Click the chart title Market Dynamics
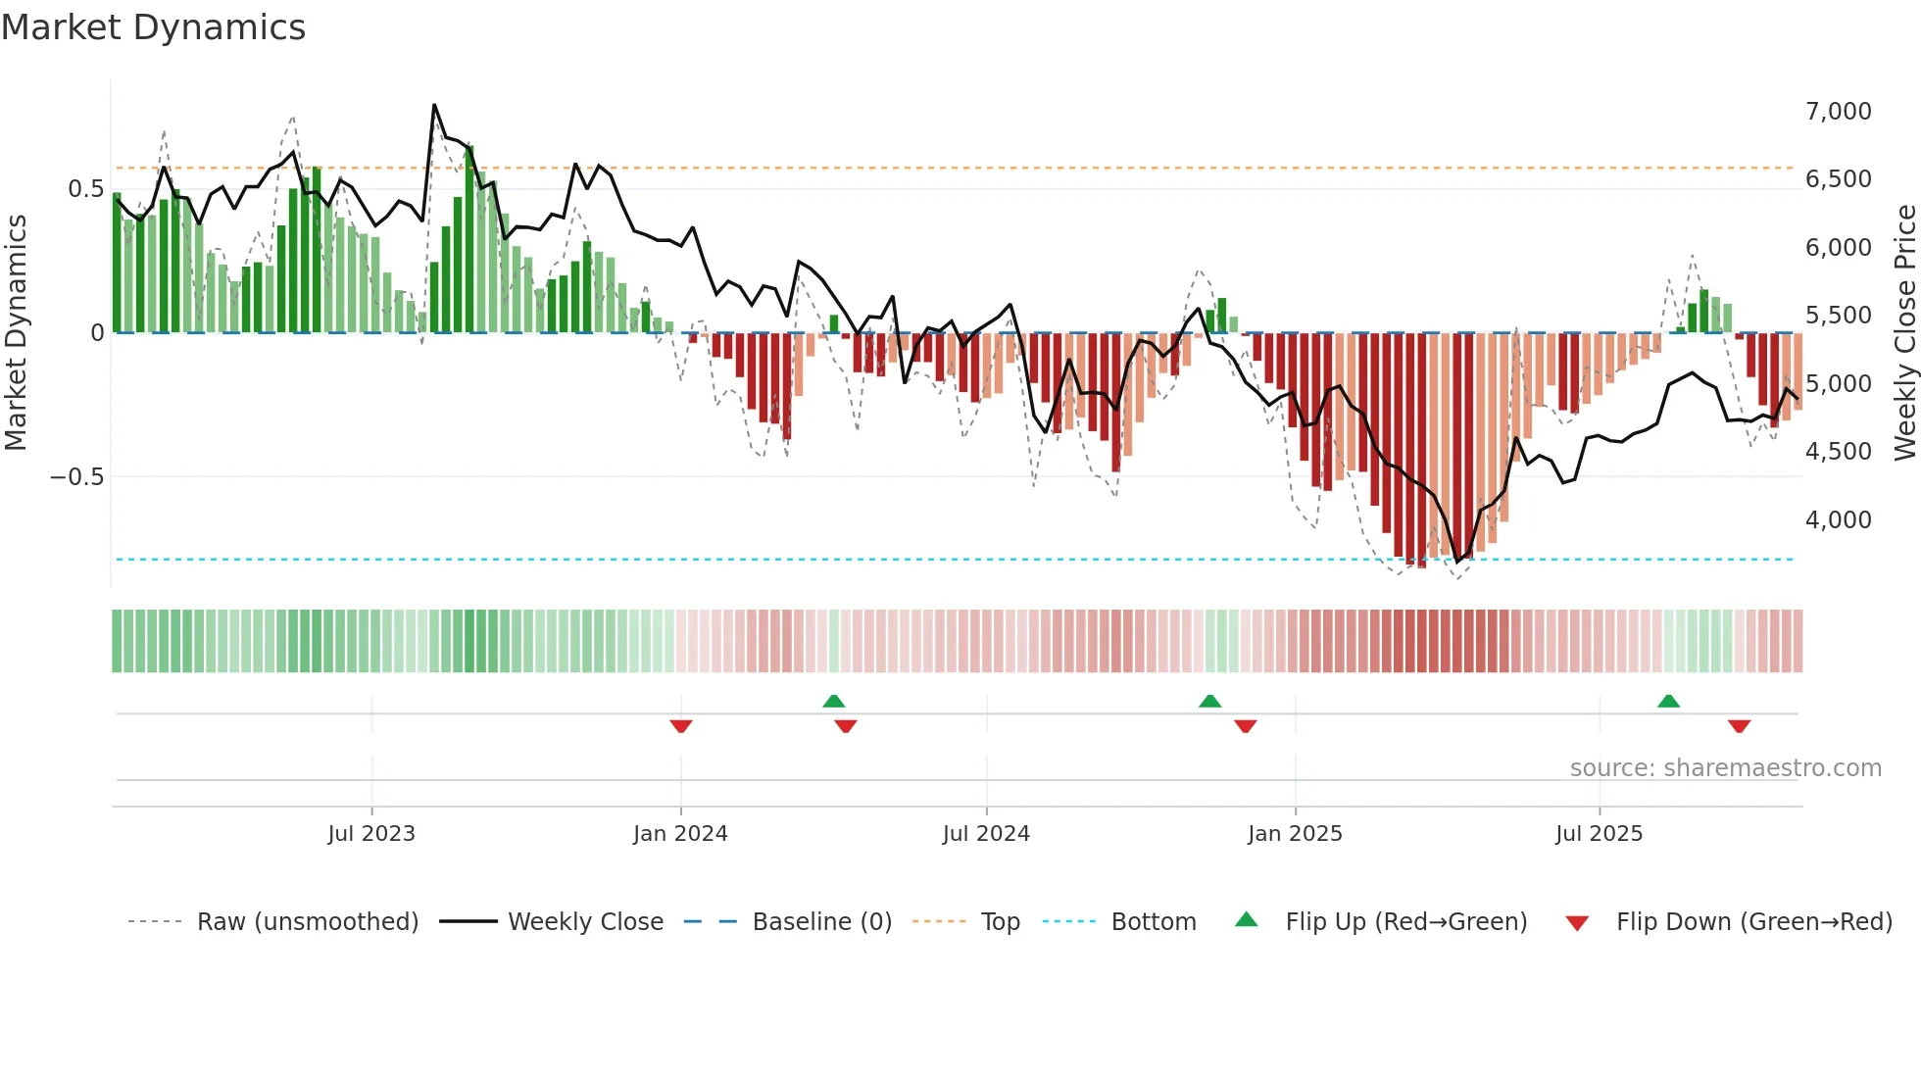coord(153,27)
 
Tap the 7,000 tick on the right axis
coord(1838,112)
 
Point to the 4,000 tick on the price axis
coord(1838,520)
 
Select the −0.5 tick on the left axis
coord(76,477)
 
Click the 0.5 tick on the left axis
coord(85,189)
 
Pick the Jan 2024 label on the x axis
coord(680,834)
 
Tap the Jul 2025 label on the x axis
coord(1599,834)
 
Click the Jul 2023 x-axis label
coord(371,834)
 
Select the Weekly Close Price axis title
coord(1904,332)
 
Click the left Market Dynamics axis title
coord(16,332)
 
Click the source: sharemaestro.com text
coord(1725,768)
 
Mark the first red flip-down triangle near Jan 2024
coord(681,726)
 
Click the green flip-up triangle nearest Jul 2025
coord(1668,701)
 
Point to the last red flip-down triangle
coord(1739,726)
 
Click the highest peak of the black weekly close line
coord(434,105)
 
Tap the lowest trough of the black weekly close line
coord(1457,562)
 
